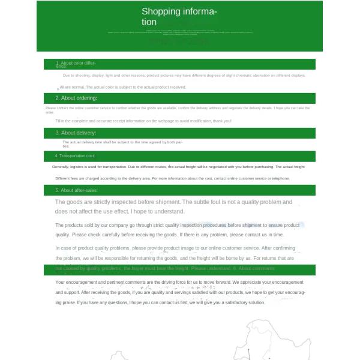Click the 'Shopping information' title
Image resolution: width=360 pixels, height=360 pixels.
[179, 17]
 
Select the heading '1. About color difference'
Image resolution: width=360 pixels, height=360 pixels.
[76, 64]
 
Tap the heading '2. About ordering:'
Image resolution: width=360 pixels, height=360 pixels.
[76, 98]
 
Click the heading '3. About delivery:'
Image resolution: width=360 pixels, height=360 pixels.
[76, 133]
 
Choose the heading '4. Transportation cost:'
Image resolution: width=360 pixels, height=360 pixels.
[75, 156]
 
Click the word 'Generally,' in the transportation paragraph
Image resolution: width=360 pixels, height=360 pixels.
[60, 167]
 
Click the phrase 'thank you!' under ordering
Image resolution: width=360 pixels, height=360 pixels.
[222, 121]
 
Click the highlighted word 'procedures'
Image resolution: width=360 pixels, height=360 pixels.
[211, 226]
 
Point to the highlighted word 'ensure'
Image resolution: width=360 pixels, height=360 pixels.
[275, 226]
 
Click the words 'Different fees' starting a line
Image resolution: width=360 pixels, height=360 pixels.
[67, 178]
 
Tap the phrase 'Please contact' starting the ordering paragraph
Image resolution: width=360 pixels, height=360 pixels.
[56, 108]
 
